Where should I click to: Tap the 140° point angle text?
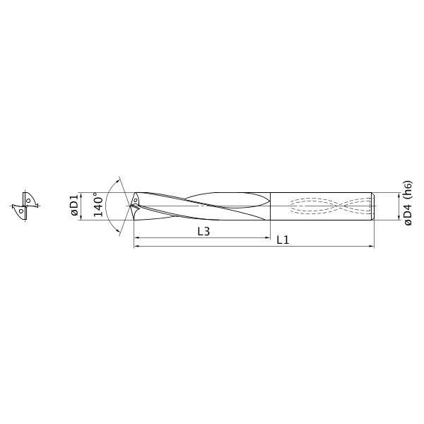[x=99, y=205]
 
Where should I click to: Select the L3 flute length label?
[x=204, y=232]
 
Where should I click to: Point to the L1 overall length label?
[x=283, y=240]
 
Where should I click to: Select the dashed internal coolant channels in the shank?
[x=329, y=206]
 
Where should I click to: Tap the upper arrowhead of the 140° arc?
[x=118, y=177]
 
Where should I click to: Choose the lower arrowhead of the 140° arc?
[x=119, y=233]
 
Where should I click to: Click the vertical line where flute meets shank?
[x=269, y=206]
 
